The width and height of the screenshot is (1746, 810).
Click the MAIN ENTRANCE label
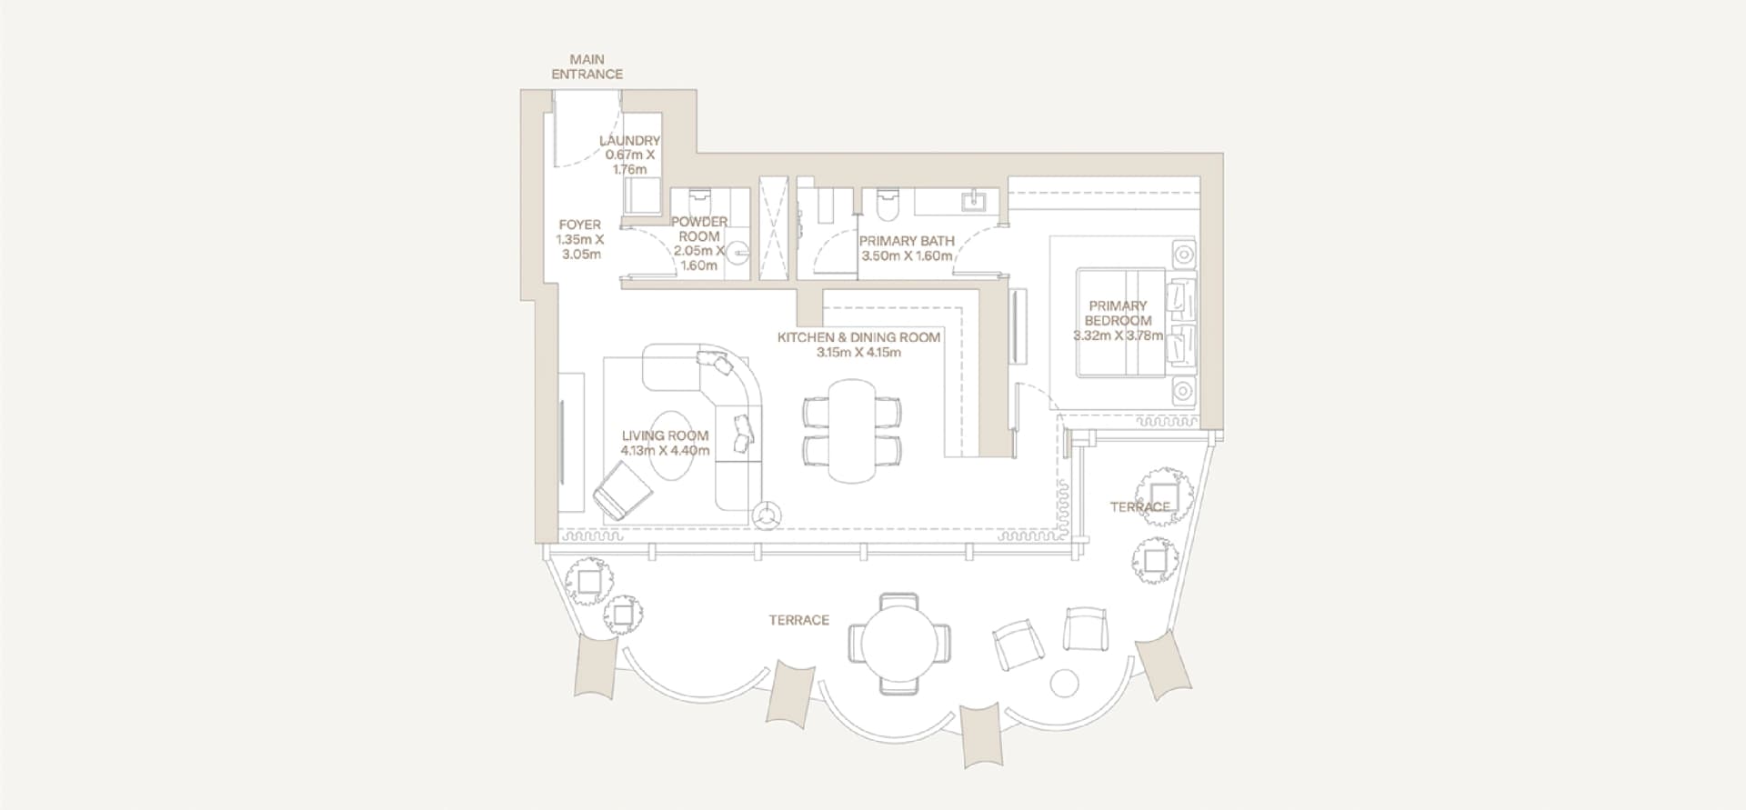pos(587,67)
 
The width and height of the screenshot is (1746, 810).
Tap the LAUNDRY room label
pos(629,141)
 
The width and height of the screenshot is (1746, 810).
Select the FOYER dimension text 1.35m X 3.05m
pos(580,247)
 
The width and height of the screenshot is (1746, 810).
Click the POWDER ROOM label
pos(698,229)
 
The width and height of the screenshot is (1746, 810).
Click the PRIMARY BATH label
pos(907,241)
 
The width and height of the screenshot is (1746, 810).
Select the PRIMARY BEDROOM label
pos(1118,313)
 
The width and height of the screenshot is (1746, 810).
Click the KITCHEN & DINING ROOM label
pos(858,337)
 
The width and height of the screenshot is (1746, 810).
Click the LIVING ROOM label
pos(665,435)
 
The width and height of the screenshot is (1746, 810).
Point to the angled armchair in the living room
pos(623,491)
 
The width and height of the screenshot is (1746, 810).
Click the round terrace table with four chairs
pos(898,644)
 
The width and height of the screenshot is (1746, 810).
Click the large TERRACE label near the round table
pos(798,620)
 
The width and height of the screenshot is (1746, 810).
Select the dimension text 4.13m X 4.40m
pos(665,450)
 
